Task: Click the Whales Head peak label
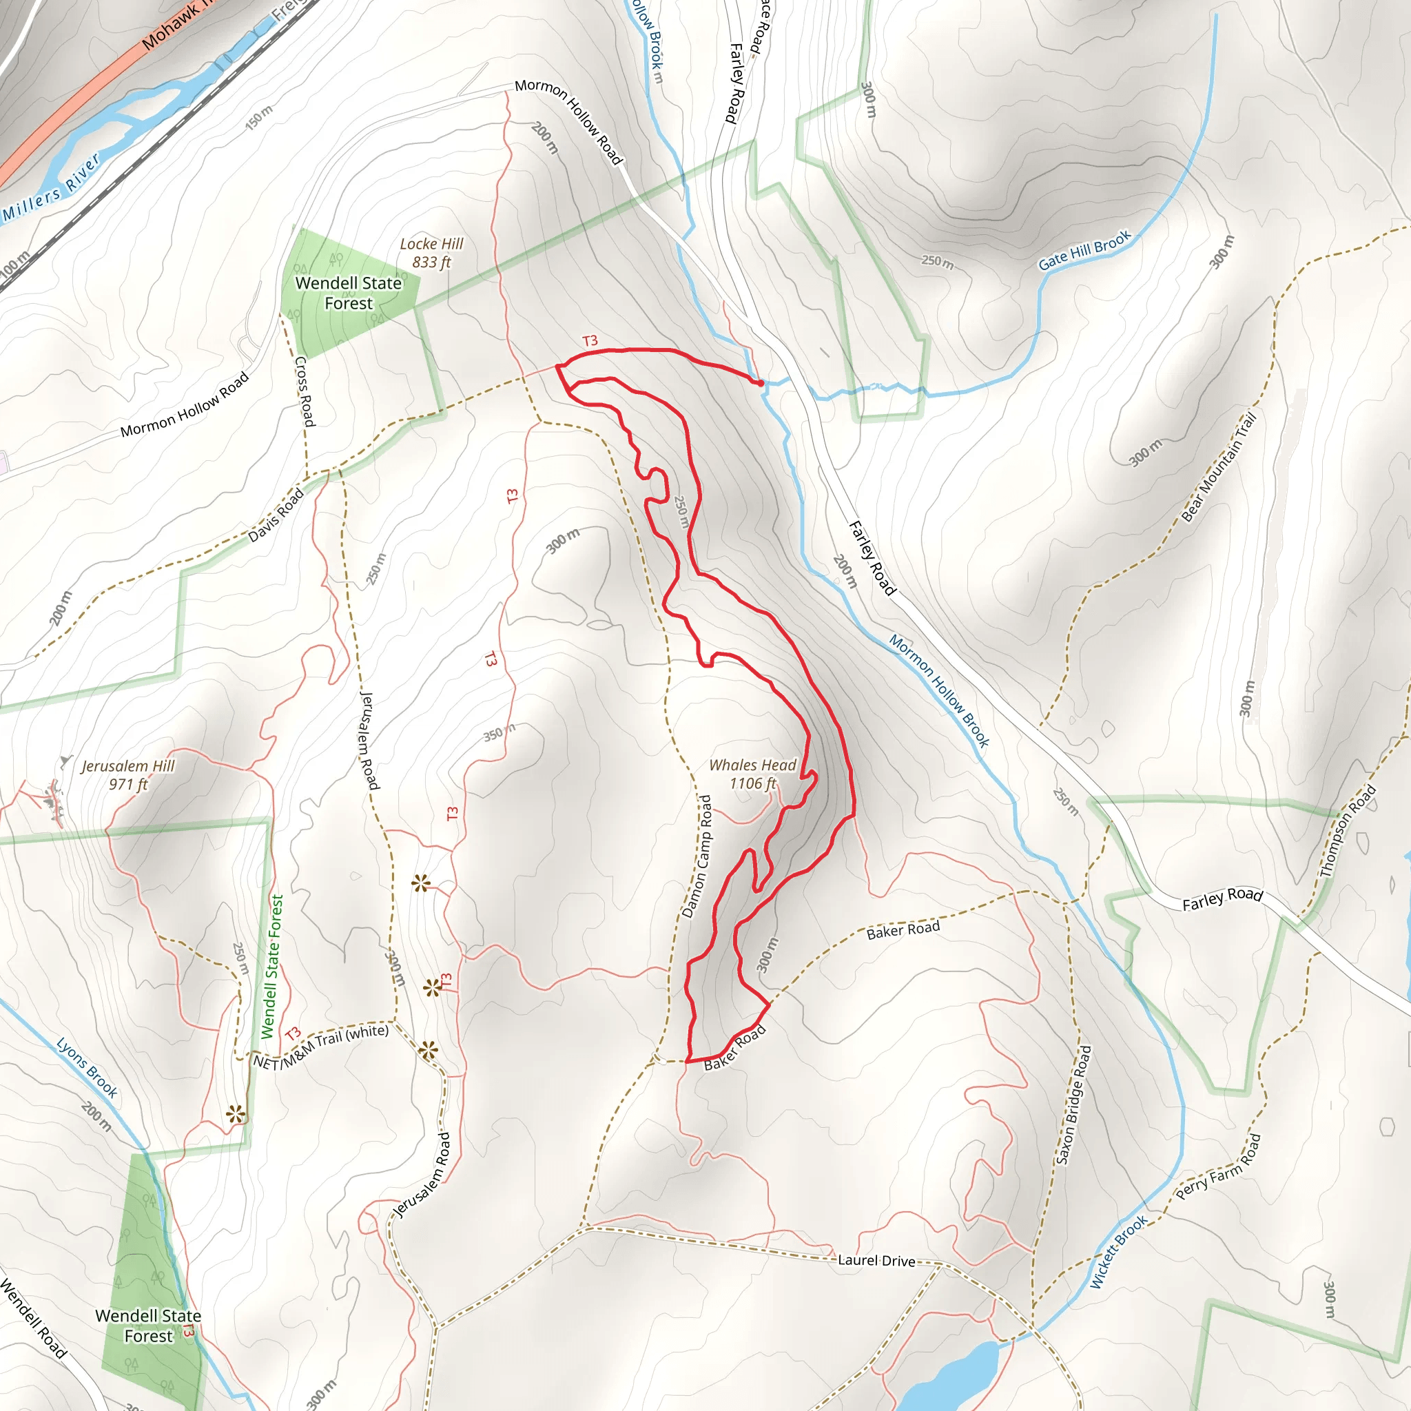pyautogui.click(x=753, y=774)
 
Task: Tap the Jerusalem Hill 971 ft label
pyautogui.click(x=128, y=775)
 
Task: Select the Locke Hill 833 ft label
pyautogui.click(x=431, y=253)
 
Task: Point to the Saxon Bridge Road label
pyautogui.click(x=1073, y=1104)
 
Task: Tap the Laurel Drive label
pyautogui.click(x=876, y=1261)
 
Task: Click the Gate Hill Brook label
pyautogui.click(x=1084, y=250)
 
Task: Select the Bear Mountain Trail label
pyautogui.click(x=1219, y=466)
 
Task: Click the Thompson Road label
pyautogui.click(x=1348, y=831)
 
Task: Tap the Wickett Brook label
pyautogui.click(x=1119, y=1251)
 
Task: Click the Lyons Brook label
pyautogui.click(x=87, y=1067)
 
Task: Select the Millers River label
pyautogui.click(x=51, y=188)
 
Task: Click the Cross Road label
pyautogui.click(x=305, y=391)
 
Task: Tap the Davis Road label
pyautogui.click(x=276, y=515)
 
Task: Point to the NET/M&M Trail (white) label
pyautogui.click(x=321, y=1047)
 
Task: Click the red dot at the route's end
pyautogui.click(x=761, y=382)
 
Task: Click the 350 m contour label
pyautogui.click(x=499, y=732)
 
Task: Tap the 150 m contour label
pyautogui.click(x=258, y=118)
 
